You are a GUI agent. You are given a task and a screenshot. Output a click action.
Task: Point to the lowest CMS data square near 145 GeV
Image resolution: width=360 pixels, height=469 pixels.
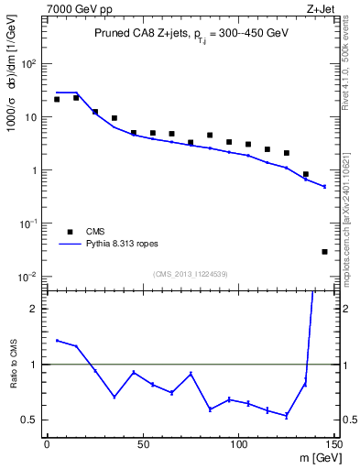pyautogui.click(x=324, y=251)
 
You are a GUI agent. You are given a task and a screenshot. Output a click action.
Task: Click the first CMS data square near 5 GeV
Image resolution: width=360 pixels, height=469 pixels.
pyautogui.click(x=57, y=99)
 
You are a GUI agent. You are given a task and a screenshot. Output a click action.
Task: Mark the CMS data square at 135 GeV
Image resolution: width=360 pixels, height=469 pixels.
pyautogui.click(x=305, y=174)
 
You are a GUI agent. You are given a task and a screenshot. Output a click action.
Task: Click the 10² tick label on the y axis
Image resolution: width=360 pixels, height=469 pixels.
pyautogui.click(x=29, y=64)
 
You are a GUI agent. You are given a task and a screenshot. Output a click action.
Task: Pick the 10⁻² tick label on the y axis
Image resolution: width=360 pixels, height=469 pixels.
pyautogui.click(x=29, y=277)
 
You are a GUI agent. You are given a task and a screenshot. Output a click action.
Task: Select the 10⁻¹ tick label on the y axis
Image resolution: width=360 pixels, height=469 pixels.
pyautogui.click(x=29, y=224)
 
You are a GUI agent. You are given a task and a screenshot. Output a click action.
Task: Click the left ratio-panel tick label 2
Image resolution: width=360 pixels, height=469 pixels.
pyautogui.click(x=34, y=309)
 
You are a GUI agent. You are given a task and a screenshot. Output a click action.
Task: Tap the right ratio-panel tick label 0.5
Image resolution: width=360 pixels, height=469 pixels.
pyautogui.click(x=348, y=420)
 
